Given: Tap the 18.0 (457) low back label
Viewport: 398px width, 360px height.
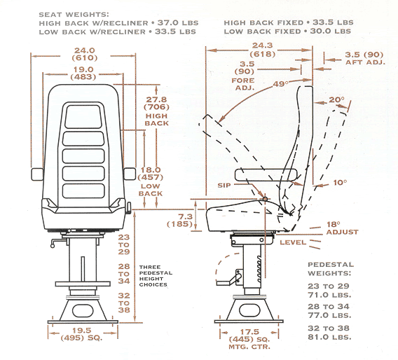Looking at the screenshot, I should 152,179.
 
